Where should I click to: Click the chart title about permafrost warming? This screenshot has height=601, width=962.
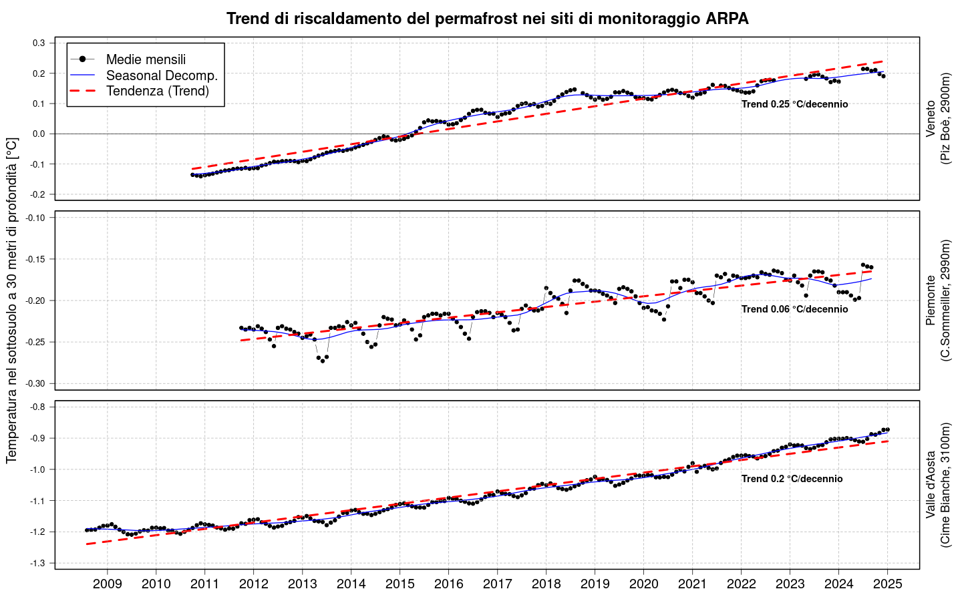click(487, 19)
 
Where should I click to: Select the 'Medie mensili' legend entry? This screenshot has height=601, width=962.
click(146, 59)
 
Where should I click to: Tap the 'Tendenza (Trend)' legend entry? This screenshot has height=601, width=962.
click(158, 91)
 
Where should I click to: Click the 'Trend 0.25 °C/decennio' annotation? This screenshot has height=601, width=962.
click(794, 104)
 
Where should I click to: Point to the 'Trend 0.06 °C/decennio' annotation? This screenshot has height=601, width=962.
click(794, 309)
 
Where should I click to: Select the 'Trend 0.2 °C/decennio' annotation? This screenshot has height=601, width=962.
click(792, 479)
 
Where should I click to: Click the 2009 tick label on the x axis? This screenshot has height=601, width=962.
click(107, 584)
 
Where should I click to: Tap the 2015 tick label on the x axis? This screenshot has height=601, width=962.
click(399, 584)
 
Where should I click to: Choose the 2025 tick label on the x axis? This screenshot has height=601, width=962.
click(887, 584)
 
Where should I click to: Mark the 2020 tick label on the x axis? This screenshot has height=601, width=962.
click(643, 584)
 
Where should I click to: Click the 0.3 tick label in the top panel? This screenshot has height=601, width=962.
click(39, 43)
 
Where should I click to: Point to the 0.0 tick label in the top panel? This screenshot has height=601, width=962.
click(39, 134)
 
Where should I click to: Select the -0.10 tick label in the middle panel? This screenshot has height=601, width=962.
click(36, 218)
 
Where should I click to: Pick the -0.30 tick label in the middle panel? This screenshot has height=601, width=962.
click(36, 384)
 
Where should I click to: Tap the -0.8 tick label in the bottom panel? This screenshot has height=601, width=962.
click(38, 407)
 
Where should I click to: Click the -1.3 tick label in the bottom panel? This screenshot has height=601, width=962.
click(38, 564)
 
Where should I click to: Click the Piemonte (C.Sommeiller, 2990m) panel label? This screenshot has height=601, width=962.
click(938, 300)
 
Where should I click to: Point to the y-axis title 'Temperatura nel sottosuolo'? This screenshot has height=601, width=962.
click(12, 300)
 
